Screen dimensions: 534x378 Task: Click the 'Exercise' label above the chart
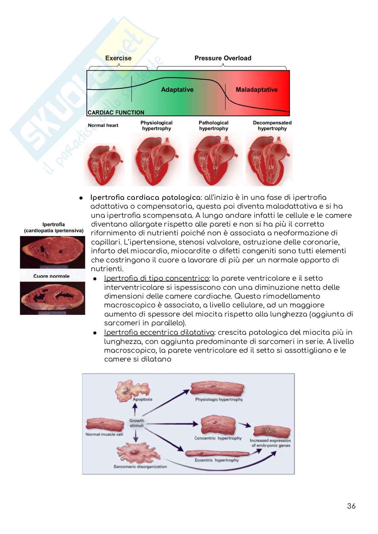tap(118, 58)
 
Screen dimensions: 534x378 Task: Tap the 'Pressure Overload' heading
tap(223, 58)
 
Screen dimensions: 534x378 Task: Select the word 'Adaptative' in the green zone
tap(177, 90)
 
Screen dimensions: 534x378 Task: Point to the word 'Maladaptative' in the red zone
tap(257, 90)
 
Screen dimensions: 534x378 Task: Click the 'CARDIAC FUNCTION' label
tap(116, 113)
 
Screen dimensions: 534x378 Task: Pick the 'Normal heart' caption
tap(103, 125)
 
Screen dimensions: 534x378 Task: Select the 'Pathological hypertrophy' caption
tap(213, 125)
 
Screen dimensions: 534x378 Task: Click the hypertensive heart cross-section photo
tap(52, 252)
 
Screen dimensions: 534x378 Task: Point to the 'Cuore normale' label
tap(51, 276)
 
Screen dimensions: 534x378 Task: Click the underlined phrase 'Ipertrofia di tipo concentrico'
tap(157, 278)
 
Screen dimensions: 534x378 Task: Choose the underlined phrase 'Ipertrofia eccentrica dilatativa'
tap(157, 332)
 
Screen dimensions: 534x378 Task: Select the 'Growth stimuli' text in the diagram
tap(136, 423)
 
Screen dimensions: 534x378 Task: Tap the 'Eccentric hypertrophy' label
tap(217, 460)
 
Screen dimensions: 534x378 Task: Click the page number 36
tap(351, 506)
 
